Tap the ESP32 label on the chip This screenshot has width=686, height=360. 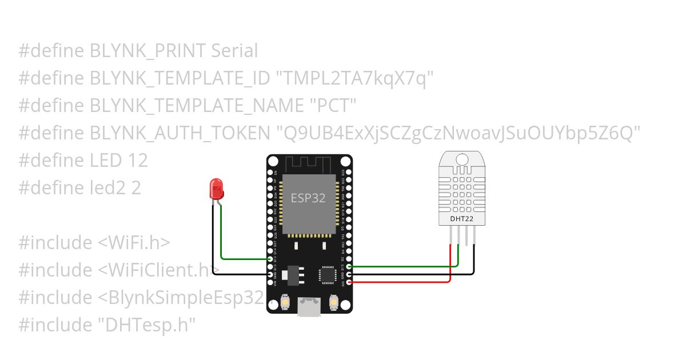coord(308,198)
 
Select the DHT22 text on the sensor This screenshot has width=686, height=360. coord(461,218)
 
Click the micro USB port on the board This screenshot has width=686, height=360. coord(309,306)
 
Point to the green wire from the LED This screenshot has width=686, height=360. coord(240,259)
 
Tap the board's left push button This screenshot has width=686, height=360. coord(285,301)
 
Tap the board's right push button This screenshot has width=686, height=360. coord(334,301)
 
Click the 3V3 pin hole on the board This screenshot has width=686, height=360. coord(349,282)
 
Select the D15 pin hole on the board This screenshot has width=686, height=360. coord(349,266)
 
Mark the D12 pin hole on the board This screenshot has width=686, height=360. coord(270,259)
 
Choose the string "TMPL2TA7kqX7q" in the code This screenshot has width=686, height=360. coord(352,78)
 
